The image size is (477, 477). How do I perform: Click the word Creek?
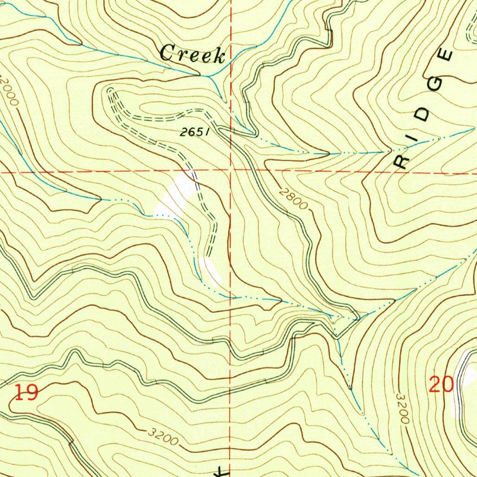[x=192, y=54]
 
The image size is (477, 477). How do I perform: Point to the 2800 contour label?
[x=294, y=198]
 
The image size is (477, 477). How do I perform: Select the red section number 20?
[x=441, y=385]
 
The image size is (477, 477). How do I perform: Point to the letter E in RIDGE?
[x=446, y=55]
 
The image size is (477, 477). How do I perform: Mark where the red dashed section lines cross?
[x=232, y=171]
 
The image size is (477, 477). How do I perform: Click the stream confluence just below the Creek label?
[x=208, y=75]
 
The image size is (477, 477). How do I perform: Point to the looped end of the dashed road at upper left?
[x=111, y=91]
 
